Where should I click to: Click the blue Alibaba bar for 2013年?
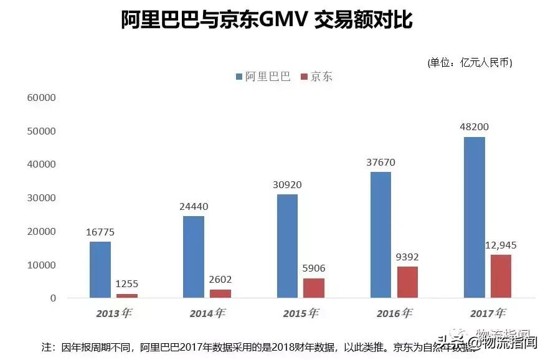[100, 270]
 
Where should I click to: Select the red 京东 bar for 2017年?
[501, 276]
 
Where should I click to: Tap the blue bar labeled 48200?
[474, 217]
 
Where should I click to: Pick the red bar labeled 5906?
[314, 288]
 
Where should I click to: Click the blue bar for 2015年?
[287, 246]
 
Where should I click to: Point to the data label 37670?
[380, 163]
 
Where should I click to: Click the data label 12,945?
[501, 245]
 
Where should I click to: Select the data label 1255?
[127, 284]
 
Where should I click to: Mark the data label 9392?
[407, 257]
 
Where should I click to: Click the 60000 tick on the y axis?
[42, 98]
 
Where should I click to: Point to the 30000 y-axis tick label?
[42, 198]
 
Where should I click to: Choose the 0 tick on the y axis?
[53, 298]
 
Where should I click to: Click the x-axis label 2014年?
[207, 313]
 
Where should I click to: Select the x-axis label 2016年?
[394, 313]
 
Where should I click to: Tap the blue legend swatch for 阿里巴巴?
[239, 77]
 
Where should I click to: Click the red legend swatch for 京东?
[304, 77]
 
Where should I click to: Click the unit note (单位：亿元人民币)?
[470, 62]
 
